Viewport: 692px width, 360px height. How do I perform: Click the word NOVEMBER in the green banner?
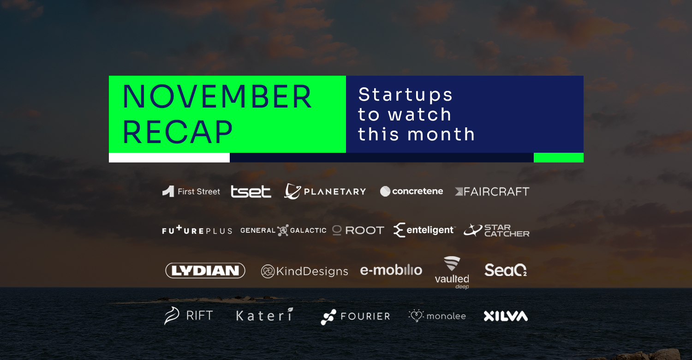pos(217,97)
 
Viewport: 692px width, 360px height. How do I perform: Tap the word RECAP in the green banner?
pos(177,132)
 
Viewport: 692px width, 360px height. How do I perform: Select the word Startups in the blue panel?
pos(405,95)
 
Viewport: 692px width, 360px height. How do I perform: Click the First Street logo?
pos(191,191)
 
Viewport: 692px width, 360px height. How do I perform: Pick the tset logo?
pos(251,192)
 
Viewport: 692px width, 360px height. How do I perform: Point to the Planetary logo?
pos(325,191)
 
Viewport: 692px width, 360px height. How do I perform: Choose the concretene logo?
pos(411,191)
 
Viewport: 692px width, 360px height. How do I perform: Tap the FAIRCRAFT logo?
pos(492,192)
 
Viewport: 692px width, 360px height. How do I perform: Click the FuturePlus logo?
pos(197,230)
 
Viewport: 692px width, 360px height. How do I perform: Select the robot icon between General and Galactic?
pos(283,230)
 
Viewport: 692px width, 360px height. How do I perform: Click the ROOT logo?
pos(358,230)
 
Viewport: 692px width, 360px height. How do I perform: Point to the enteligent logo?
pos(424,230)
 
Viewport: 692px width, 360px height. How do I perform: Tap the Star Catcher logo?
pos(496,230)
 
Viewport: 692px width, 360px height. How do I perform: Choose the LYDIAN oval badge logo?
pos(205,270)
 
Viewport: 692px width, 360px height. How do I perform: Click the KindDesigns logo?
pos(304,271)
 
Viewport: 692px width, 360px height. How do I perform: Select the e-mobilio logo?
pos(391,270)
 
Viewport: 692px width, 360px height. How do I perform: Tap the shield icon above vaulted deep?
pos(452,263)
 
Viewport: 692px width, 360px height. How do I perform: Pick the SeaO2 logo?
pos(506,270)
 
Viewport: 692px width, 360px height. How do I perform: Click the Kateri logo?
pos(264,315)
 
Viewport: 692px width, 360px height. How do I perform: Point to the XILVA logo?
pos(506,316)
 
